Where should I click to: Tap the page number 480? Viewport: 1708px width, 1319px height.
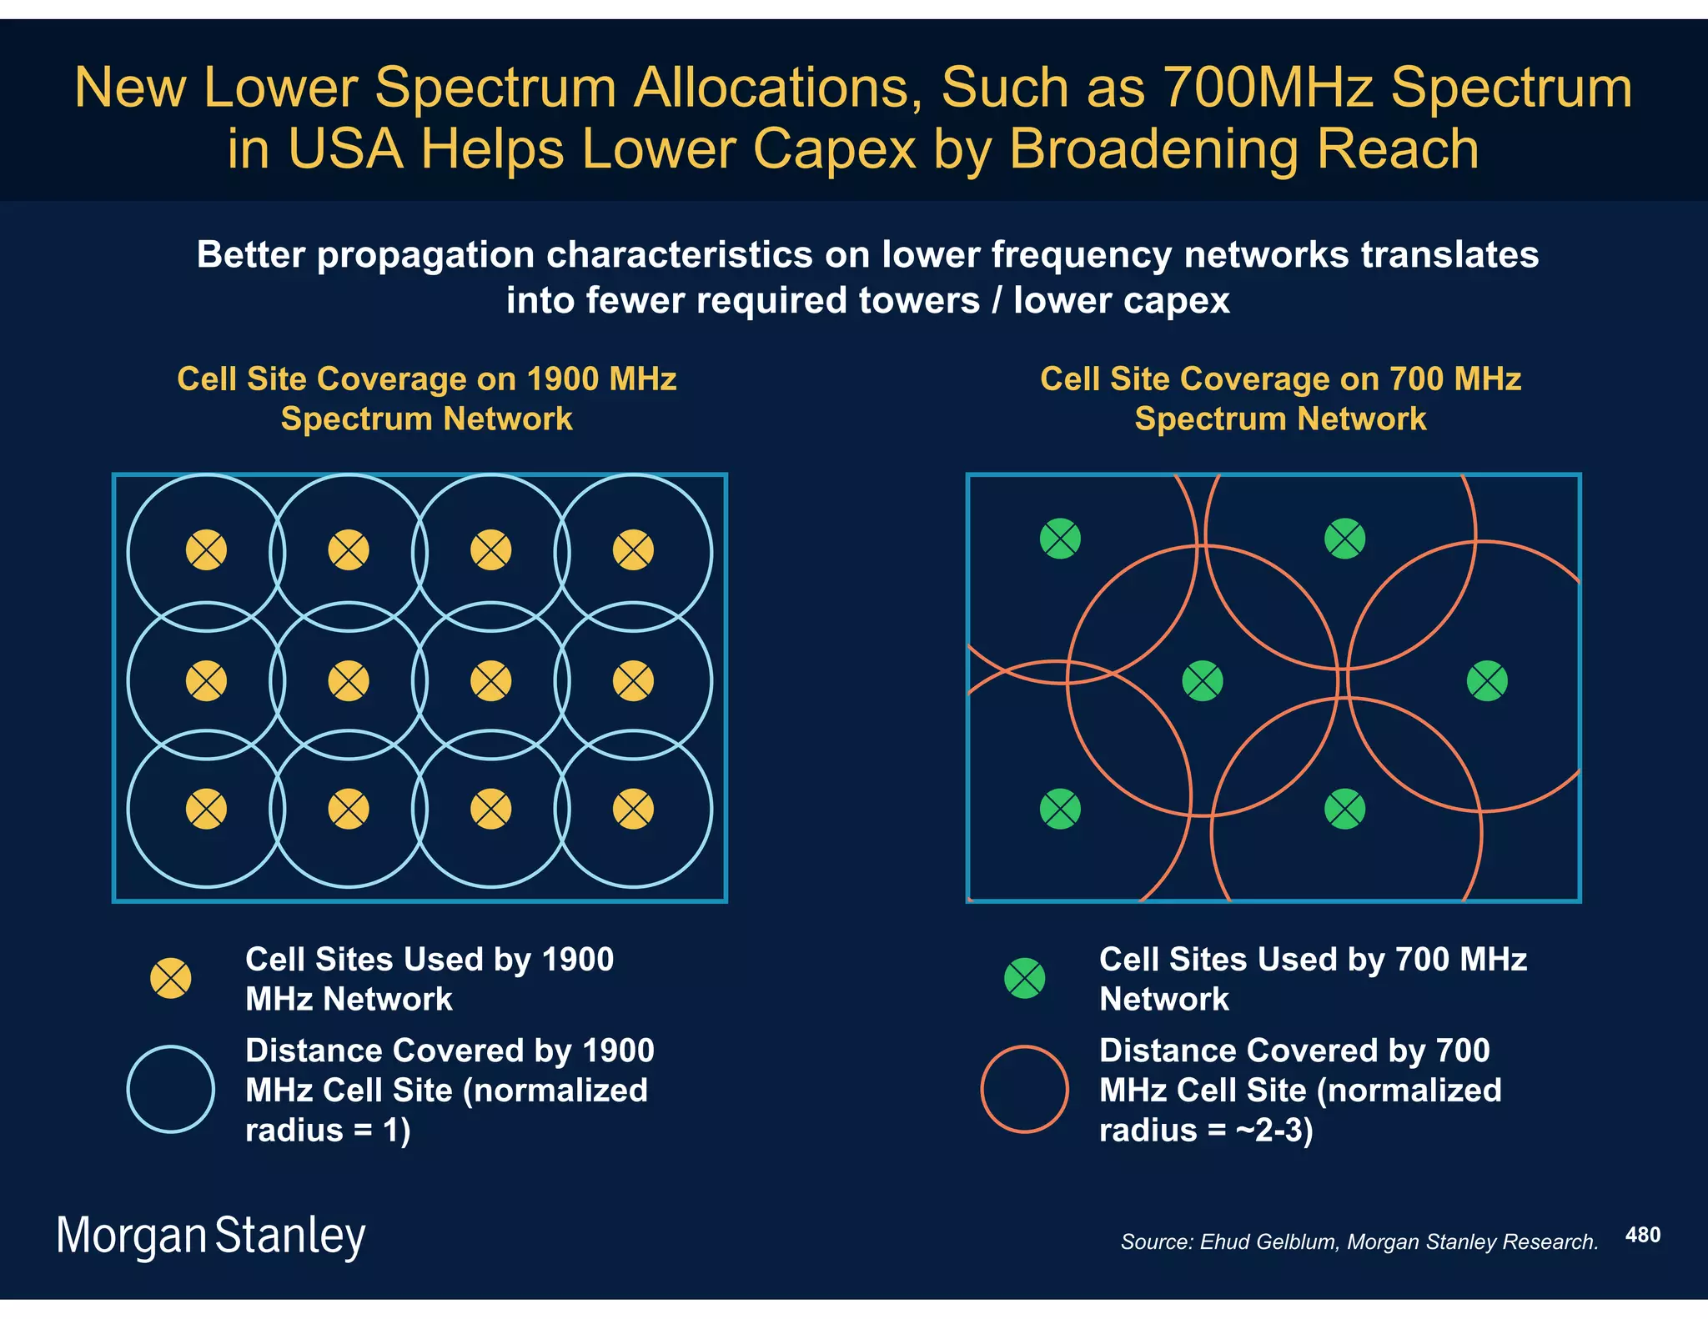coord(1642,1235)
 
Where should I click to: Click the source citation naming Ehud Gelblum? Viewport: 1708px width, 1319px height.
coord(1359,1242)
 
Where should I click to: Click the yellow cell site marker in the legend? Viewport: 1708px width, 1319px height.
coord(171,978)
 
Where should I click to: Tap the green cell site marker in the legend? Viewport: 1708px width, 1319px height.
coord(1024,978)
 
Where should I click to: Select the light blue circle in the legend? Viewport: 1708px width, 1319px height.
coord(171,1089)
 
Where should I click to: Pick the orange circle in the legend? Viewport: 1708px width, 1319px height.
coord(1024,1089)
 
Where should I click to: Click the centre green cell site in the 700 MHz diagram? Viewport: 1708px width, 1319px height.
coord(1203,681)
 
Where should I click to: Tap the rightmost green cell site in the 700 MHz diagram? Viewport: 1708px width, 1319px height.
coord(1487,681)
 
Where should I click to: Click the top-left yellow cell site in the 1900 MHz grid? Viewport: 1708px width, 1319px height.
coord(206,550)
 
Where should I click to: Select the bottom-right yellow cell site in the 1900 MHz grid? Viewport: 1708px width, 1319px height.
coord(633,809)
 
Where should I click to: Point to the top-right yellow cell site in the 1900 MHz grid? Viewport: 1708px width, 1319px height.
coord(633,550)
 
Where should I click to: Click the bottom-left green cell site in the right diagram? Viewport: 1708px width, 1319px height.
coord(1060,809)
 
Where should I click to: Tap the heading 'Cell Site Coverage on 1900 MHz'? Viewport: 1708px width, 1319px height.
coord(426,379)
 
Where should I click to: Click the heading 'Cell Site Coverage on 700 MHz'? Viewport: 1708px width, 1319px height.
coord(1280,379)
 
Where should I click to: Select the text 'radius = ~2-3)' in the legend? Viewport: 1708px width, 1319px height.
coord(1206,1131)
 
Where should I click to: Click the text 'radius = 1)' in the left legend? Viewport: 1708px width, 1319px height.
coord(328,1131)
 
